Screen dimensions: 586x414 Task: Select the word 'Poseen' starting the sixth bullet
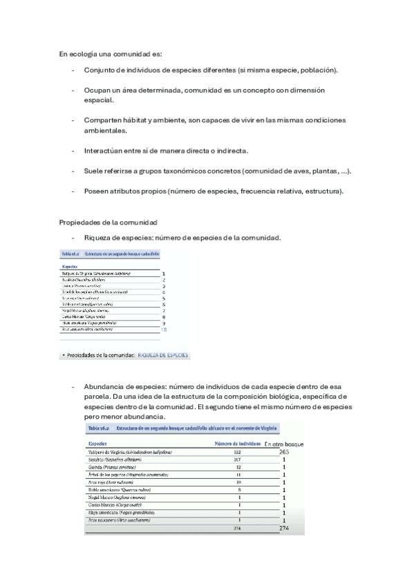point(97,190)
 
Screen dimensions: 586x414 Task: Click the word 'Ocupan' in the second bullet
point(97,91)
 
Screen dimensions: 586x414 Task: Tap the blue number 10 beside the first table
point(164,330)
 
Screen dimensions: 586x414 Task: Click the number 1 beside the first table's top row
point(164,274)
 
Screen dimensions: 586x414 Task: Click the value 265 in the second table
point(283,452)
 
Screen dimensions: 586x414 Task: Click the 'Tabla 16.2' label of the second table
point(97,428)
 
